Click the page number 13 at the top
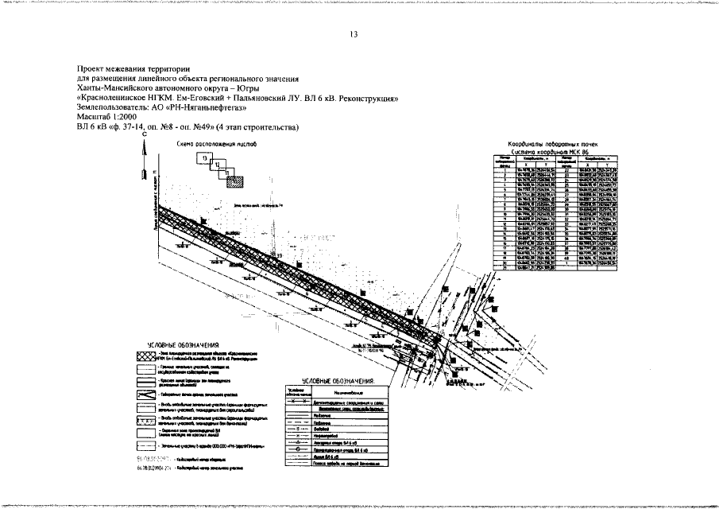[354, 33]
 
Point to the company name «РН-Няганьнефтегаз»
[209, 107]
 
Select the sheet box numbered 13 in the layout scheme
[206, 158]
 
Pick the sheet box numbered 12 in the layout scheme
[218, 165]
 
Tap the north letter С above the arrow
[145, 137]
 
